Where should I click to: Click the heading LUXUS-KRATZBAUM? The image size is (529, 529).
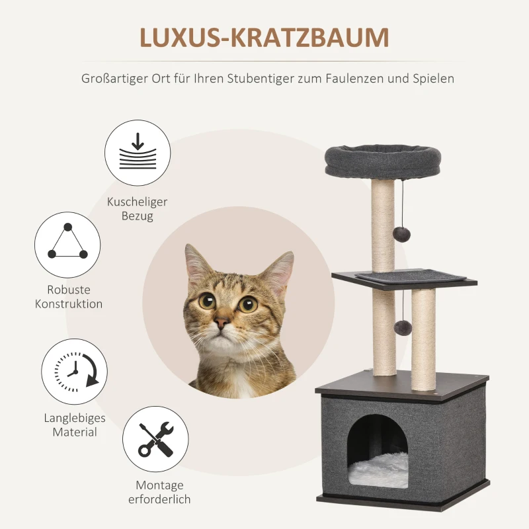pyautogui.click(x=264, y=38)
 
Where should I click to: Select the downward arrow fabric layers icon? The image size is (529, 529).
pyautogui.click(x=138, y=153)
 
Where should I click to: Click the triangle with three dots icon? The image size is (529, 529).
pyautogui.click(x=67, y=245)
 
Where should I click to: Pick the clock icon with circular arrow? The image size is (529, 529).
pyautogui.click(x=75, y=371)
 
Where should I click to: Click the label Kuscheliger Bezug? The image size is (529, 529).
pyautogui.click(x=138, y=209)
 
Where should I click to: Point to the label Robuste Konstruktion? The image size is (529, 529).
pyautogui.click(x=69, y=297)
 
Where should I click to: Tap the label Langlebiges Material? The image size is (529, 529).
pyautogui.click(x=75, y=425)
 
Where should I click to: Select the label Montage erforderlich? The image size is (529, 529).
pyautogui.click(x=159, y=492)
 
